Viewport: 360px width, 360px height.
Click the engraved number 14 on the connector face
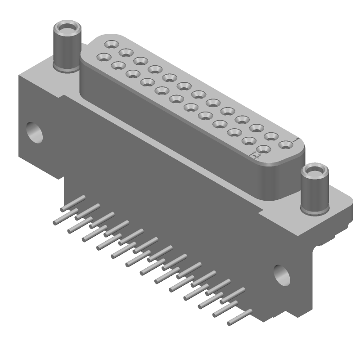pos(255,156)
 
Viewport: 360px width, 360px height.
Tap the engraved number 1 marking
pos(295,141)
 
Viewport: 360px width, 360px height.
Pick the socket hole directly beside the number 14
pos(264,149)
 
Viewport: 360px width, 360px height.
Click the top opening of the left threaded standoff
pos(67,29)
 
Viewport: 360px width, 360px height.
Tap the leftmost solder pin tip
pos(55,223)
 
